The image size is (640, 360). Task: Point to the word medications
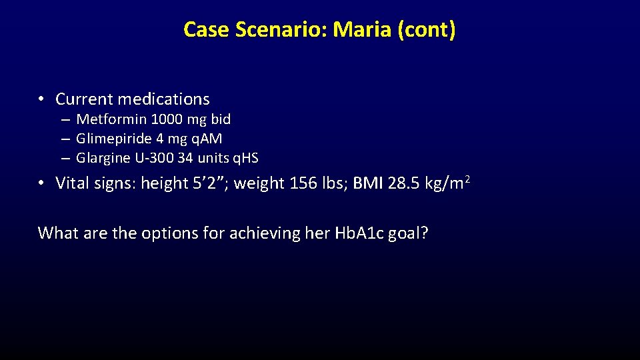click(x=163, y=99)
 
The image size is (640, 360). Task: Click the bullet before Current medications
click(x=41, y=99)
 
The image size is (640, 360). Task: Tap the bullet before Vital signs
click(x=41, y=183)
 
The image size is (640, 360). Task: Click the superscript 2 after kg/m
click(x=467, y=178)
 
